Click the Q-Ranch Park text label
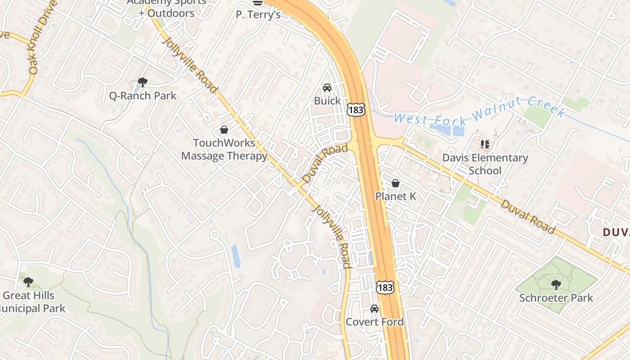pos(143,96)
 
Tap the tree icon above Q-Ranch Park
pos(143,82)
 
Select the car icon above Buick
pos(327,87)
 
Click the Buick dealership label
pos(327,101)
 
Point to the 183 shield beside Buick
pos(355,109)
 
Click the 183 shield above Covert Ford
pos(385,287)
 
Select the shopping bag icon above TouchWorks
pos(224,130)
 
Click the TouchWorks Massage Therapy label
pos(224,149)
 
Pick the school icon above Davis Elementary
pos(485,144)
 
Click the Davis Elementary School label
pos(485,164)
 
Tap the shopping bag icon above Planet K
pos(396,183)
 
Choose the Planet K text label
pos(396,197)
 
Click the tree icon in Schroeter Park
pos(556,284)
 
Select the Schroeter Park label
pos(556,298)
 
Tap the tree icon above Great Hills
pos(28,282)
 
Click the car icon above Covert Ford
pos(374,309)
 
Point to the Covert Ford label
pos(374,322)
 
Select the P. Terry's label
pos(258,14)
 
